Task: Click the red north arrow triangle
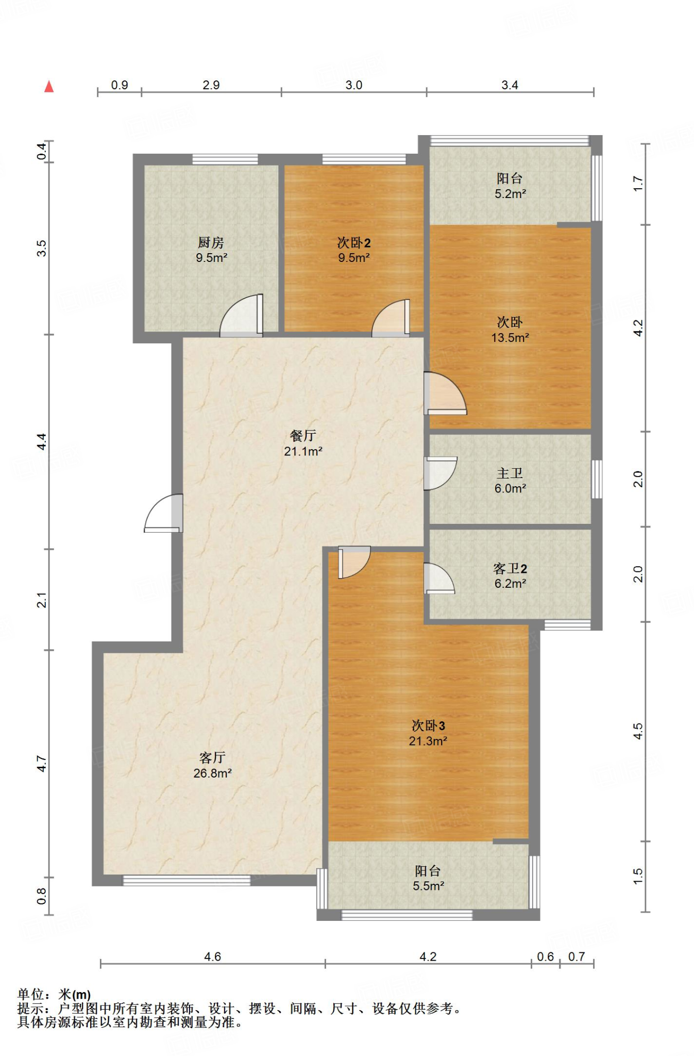coord(49,86)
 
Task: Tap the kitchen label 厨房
coord(211,242)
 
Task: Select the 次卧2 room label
coord(354,242)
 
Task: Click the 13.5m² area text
coord(510,338)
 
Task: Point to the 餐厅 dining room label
coord(303,436)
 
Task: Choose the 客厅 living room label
coord(212,757)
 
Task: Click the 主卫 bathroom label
coord(510,473)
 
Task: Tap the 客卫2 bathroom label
coord(510,568)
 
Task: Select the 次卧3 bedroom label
coord(428,725)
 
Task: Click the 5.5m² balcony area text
coord(428,886)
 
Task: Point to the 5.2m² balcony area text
coord(510,194)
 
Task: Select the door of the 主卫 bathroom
coord(440,473)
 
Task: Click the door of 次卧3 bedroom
coord(354,562)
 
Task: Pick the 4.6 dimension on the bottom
coord(212,956)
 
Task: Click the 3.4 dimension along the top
coord(510,85)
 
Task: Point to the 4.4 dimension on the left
coord(42,441)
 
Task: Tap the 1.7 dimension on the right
coord(638,184)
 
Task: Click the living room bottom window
coord(187,880)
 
